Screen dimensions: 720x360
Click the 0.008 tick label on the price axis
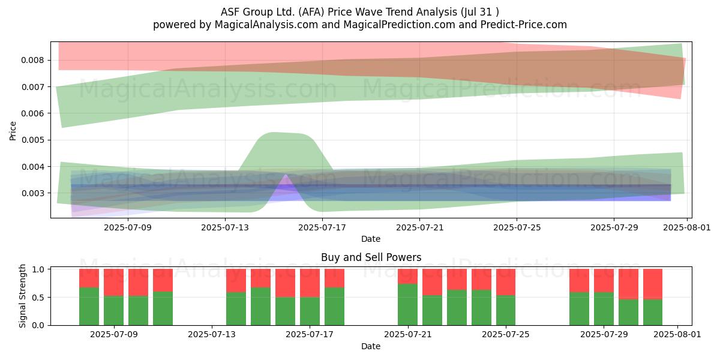(x=32, y=61)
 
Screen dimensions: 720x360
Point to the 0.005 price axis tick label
(x=32, y=140)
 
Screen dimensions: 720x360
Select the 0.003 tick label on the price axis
(x=32, y=193)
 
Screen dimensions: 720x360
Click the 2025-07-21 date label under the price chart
(x=419, y=228)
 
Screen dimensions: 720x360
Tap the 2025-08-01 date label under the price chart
(x=687, y=228)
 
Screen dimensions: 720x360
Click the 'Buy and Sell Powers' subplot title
(x=371, y=257)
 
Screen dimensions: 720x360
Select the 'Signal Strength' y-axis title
(x=22, y=296)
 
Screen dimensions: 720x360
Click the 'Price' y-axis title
(x=13, y=131)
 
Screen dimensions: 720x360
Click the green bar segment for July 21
(x=407, y=305)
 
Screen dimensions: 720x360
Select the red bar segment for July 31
(x=653, y=284)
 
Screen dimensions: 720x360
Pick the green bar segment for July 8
(x=89, y=307)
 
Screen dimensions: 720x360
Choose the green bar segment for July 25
(x=506, y=310)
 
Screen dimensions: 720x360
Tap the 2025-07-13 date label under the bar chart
(x=212, y=335)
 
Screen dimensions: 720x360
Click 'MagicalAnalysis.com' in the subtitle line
(x=266, y=25)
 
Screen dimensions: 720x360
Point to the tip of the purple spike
(x=286, y=174)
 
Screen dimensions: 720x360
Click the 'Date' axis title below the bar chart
(x=371, y=347)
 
